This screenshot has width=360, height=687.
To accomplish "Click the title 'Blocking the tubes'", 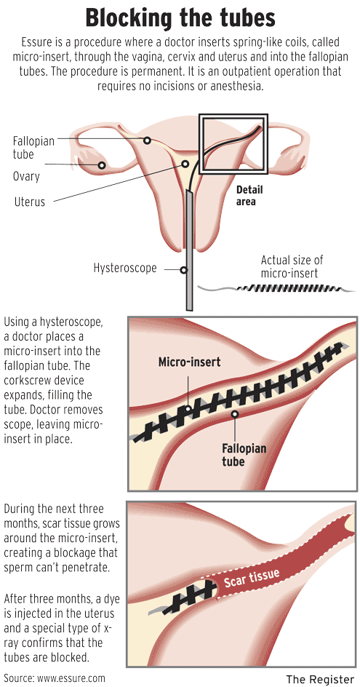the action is [180, 18].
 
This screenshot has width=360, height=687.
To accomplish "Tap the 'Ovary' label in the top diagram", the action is [26, 177].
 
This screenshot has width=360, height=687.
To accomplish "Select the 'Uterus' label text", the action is [30, 202].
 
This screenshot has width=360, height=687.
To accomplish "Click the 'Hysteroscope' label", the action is [125, 268].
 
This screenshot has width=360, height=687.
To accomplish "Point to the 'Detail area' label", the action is [249, 196].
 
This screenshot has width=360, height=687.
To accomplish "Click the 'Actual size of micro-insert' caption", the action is [292, 266].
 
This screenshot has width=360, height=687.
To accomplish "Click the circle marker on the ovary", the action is [102, 166].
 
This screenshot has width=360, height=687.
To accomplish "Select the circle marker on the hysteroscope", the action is [185, 270].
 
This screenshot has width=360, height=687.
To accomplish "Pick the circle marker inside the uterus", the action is [185, 164].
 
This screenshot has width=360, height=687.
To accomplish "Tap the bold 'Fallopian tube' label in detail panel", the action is [244, 455].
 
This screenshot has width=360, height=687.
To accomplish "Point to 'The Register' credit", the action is [320, 679].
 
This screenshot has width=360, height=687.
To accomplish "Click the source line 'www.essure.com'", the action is [71, 678].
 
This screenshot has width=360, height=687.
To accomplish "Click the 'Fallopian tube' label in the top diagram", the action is [33, 148].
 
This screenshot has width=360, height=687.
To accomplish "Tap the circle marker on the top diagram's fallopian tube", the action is [148, 140].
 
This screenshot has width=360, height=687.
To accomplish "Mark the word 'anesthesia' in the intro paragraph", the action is [236, 86].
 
